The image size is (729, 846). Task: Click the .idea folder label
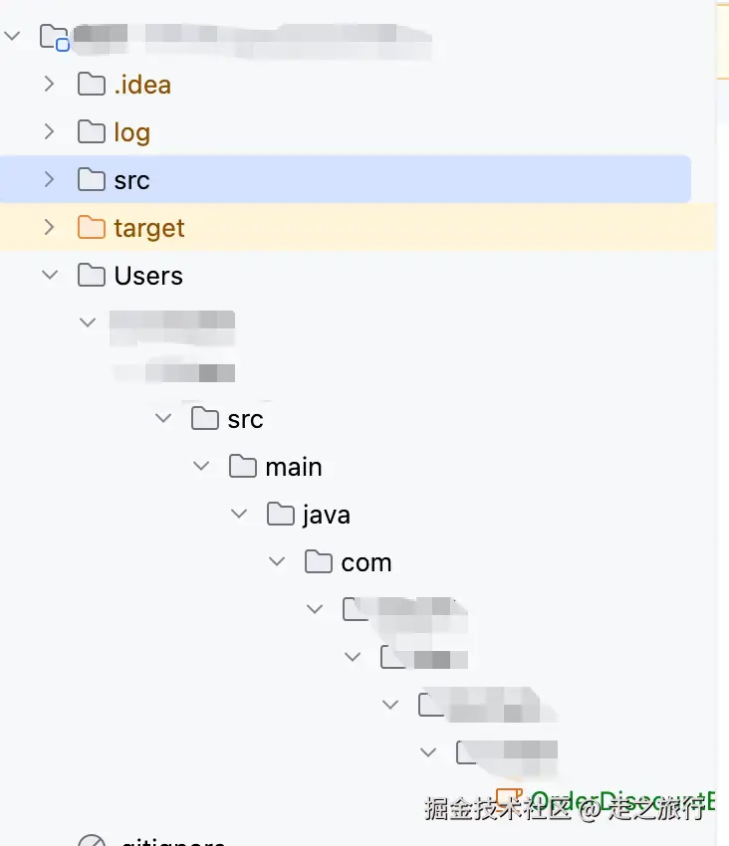tap(142, 85)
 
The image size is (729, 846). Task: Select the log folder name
tap(131, 132)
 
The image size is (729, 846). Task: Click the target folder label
tap(149, 228)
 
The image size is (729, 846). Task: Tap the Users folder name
tap(148, 276)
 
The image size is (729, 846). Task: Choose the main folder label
tap(294, 467)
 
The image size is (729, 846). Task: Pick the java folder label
tap(327, 515)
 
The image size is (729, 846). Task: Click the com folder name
tap(365, 562)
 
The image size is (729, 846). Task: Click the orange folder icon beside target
tap(92, 228)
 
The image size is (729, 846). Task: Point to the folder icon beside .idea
tap(92, 85)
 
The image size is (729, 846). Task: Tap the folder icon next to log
tap(92, 132)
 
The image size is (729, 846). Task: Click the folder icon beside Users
tap(92, 276)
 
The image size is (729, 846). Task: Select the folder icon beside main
tap(243, 467)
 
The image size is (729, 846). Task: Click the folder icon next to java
tap(281, 515)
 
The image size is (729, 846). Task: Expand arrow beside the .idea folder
tap(50, 85)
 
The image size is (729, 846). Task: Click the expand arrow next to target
tap(50, 228)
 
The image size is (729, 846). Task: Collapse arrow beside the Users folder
tap(50, 276)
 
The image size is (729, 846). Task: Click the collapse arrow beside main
tap(201, 467)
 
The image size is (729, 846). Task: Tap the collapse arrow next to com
tap(277, 562)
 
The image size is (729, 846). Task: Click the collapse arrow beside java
tap(239, 515)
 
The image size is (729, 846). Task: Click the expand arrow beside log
tap(50, 132)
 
